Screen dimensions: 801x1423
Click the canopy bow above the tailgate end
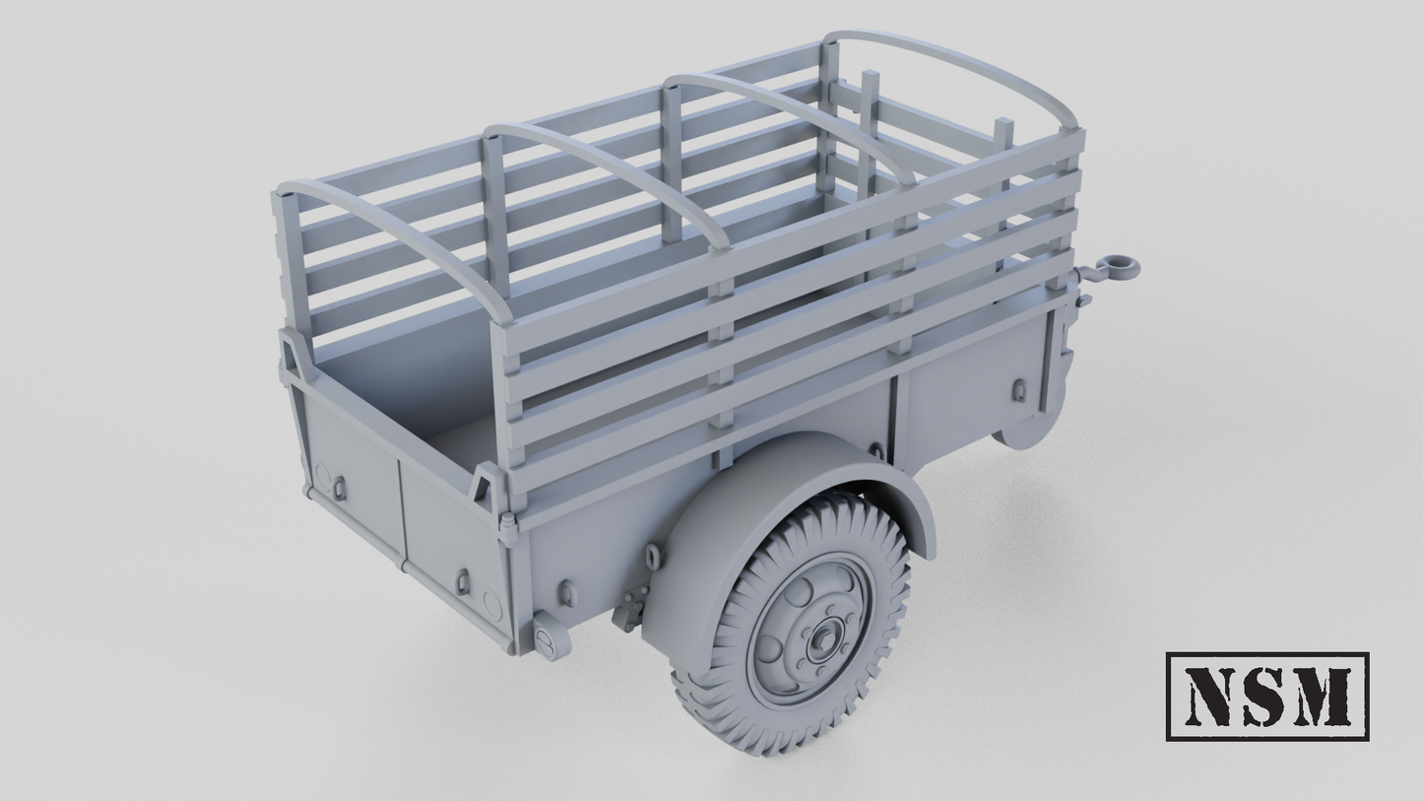394,236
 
